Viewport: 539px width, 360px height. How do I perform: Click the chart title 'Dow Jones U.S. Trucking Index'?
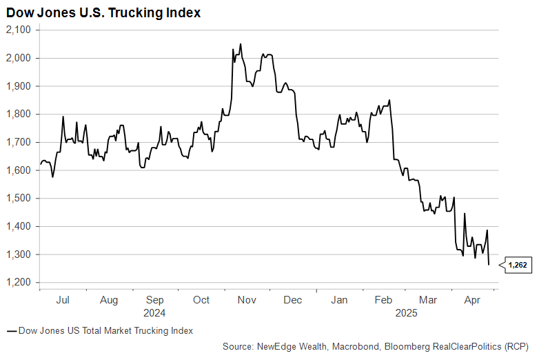point(103,13)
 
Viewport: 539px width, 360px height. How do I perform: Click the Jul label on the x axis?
point(62,300)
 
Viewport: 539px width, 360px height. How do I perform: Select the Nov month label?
point(247,300)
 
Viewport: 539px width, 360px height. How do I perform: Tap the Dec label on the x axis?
point(293,300)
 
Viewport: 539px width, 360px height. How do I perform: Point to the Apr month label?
point(472,300)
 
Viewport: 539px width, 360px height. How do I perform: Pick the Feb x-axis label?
point(383,300)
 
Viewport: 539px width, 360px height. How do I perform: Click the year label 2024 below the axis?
point(154,312)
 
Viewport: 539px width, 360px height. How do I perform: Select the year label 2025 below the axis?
point(405,312)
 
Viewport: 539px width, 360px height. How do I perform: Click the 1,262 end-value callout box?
point(518,264)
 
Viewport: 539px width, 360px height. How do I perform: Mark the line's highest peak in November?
point(241,44)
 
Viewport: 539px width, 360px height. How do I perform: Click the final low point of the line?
point(489,265)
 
